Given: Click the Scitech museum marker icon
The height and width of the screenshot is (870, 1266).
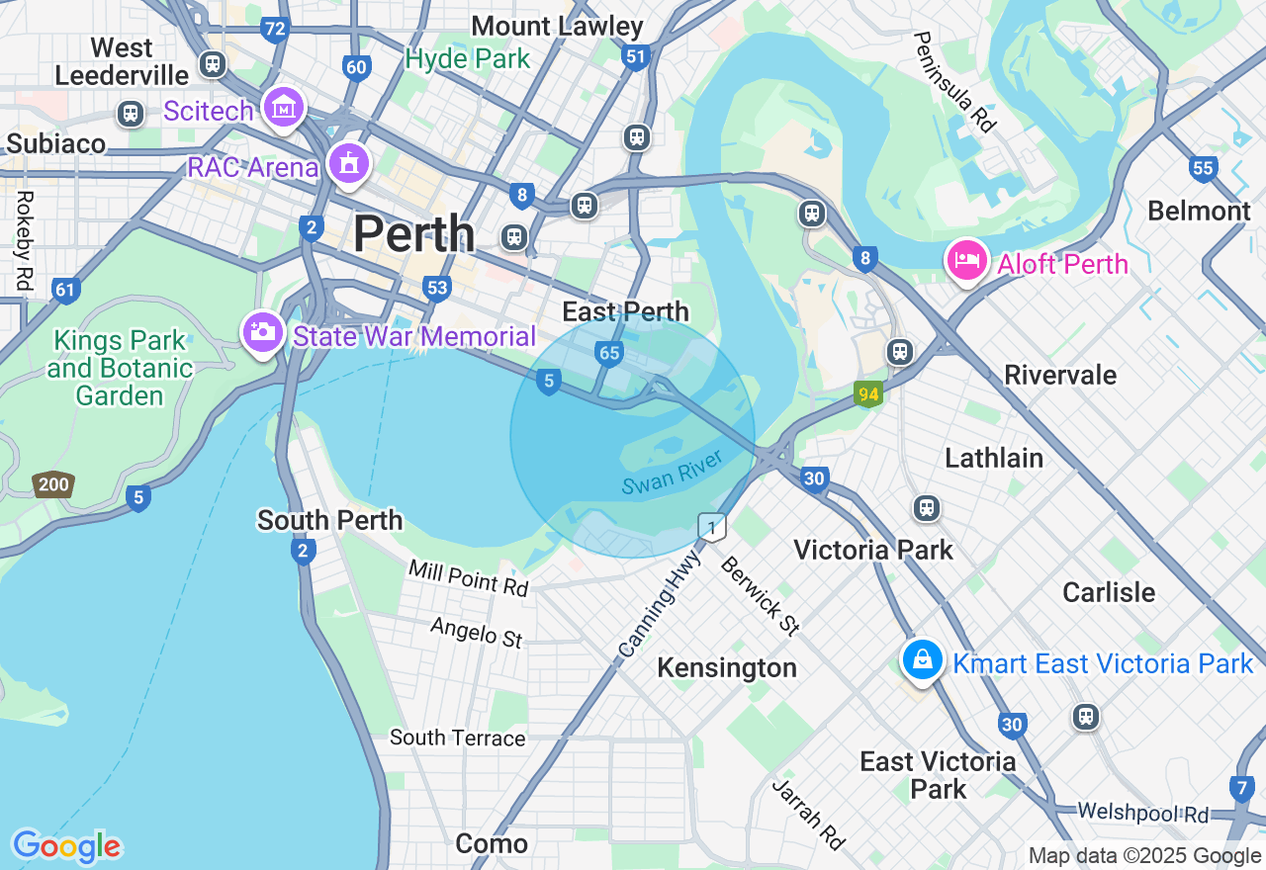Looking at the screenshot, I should coord(284,107).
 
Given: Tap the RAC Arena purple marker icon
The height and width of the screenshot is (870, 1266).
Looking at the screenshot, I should coord(348,164).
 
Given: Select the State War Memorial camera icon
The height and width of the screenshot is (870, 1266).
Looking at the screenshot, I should coord(263,332).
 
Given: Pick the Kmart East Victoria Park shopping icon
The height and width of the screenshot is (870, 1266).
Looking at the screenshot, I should coord(922,659).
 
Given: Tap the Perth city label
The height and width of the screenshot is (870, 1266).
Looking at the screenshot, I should coord(413,234).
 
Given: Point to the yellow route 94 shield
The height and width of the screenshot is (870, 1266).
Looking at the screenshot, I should coord(868,394).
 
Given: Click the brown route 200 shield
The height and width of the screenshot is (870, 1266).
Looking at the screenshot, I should coord(53,484).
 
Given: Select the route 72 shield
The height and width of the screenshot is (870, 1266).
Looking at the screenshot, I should coord(275,29).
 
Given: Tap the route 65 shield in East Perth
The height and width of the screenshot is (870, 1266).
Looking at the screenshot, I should coord(609,353).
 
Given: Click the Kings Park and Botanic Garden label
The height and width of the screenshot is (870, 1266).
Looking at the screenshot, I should coord(120,369).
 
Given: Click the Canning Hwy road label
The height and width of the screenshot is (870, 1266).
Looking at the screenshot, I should coord(659,605).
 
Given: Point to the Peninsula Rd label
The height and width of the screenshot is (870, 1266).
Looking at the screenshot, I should coord(953,81).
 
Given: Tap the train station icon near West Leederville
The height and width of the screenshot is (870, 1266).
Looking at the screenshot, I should coord(212,64).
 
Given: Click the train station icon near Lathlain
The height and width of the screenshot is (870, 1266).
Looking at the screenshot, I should coord(926,508).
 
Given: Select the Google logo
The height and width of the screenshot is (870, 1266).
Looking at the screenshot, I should coord(66,846).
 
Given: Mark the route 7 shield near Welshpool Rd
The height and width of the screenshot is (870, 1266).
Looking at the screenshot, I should coord(1242,788).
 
